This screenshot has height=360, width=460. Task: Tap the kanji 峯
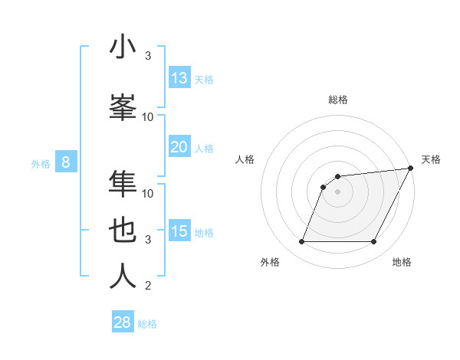point(123,106)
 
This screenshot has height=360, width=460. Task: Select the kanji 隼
point(123,183)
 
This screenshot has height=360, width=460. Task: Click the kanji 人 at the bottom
point(123,277)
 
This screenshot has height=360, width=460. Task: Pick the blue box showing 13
point(179,78)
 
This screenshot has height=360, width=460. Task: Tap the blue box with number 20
point(179,147)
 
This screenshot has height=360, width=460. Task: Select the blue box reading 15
point(179,231)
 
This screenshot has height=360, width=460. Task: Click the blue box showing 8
point(67,162)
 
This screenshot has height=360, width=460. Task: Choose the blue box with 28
point(123,322)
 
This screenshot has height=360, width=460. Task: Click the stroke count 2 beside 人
point(148,286)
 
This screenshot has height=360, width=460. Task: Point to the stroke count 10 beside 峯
point(148,116)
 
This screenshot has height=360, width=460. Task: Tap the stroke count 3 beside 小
point(148,56)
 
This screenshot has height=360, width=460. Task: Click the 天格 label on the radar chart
point(431,159)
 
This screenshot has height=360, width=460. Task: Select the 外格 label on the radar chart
point(270,262)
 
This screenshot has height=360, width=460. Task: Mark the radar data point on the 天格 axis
point(411,168)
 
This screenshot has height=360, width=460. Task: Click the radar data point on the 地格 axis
point(374,242)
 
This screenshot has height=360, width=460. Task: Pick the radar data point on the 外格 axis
point(301,242)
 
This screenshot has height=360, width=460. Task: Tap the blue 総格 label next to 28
point(147,324)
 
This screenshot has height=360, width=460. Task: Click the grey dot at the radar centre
point(337,191)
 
